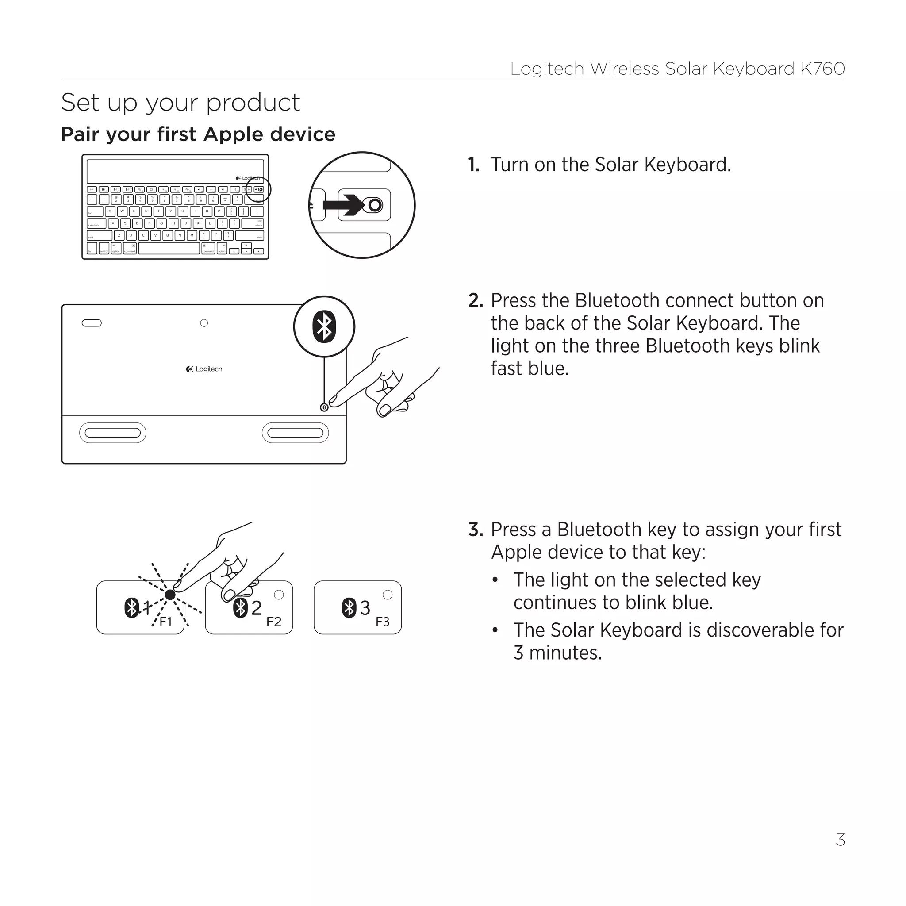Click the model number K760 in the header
[x=822, y=69]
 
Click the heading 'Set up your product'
[x=180, y=103]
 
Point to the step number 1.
[x=474, y=165]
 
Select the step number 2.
[x=475, y=300]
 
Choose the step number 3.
[x=475, y=530]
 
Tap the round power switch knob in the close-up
[x=375, y=205]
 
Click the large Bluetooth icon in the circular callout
[x=324, y=326]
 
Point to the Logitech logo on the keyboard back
[x=204, y=369]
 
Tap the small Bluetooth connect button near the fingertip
[x=324, y=407]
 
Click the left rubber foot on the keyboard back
[x=112, y=433]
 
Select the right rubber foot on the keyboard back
[x=295, y=433]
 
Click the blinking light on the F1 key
[x=170, y=595]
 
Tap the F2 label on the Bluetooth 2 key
[x=274, y=622]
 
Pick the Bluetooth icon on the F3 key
[x=349, y=608]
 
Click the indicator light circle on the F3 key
[x=388, y=595]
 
